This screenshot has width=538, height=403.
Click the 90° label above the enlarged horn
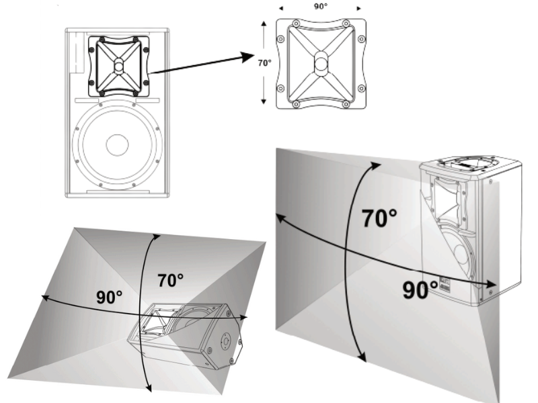pos(321,6)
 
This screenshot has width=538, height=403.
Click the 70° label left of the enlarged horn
pos(264,62)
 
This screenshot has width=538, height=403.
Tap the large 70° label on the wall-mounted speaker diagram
pos(379,218)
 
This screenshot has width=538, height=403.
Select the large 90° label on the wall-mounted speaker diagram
pos(420,290)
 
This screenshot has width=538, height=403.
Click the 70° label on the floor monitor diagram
pos(171,280)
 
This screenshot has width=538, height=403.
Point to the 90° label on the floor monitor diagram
pos(109,297)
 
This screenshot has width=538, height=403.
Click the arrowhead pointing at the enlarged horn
pos(247,57)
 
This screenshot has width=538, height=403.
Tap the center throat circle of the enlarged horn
pos(321,63)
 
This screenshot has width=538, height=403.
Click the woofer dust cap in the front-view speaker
pos(117,145)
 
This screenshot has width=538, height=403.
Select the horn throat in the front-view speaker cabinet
pos(119,64)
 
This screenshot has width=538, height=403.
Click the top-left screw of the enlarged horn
pos(296,24)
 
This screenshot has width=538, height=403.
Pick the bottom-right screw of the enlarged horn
pos(346,104)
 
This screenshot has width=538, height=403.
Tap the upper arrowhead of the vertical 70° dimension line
pos(264,24)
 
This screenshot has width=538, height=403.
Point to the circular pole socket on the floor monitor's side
pos(226,341)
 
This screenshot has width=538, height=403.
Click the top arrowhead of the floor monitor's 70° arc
pos(157,236)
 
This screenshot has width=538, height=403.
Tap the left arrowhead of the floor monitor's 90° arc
pos(44,298)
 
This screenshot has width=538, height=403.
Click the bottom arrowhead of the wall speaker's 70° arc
pos(362,359)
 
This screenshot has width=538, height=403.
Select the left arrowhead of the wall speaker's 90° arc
pos(280,218)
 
